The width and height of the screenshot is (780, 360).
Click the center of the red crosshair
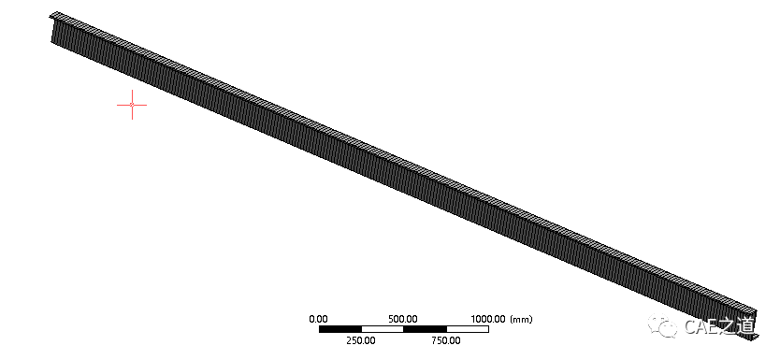pos(132,105)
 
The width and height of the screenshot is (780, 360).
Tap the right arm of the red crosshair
pos(140,105)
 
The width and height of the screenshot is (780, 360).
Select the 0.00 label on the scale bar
pos(318,319)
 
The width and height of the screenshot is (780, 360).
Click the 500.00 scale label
pos(403,319)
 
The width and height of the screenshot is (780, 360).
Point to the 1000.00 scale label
pos(488,319)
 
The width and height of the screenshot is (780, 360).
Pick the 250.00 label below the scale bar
pos(361,340)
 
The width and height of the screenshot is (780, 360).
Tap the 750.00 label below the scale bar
pos(446,340)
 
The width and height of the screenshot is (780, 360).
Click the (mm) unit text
pos(521,319)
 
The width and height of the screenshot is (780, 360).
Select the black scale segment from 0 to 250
pos(339,329)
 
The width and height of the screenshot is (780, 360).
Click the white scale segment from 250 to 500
pos(382,329)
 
